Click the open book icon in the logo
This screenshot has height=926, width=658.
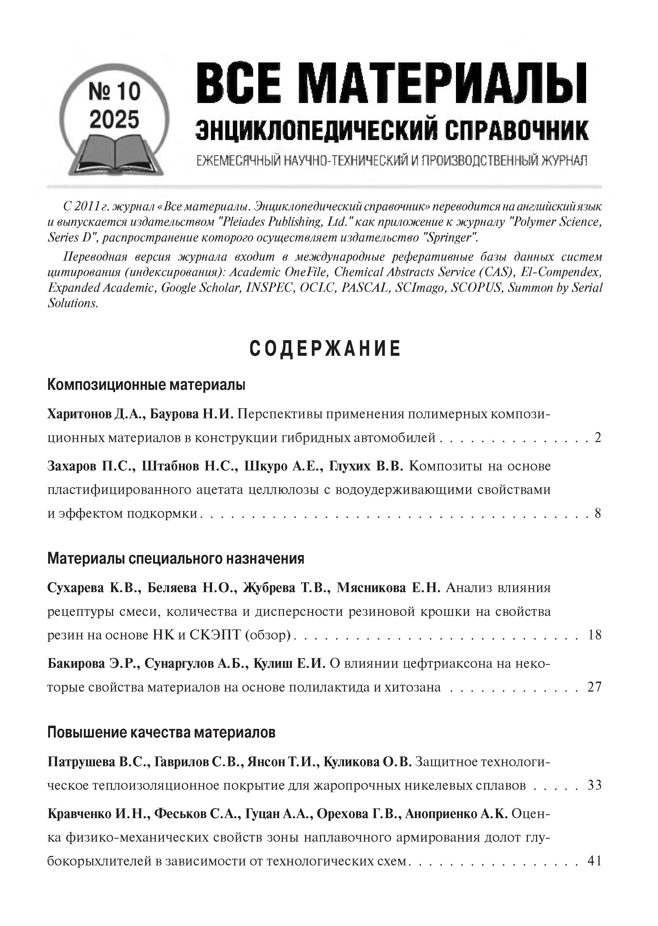click(115, 153)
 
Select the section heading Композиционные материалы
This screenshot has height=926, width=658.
click(146, 384)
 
